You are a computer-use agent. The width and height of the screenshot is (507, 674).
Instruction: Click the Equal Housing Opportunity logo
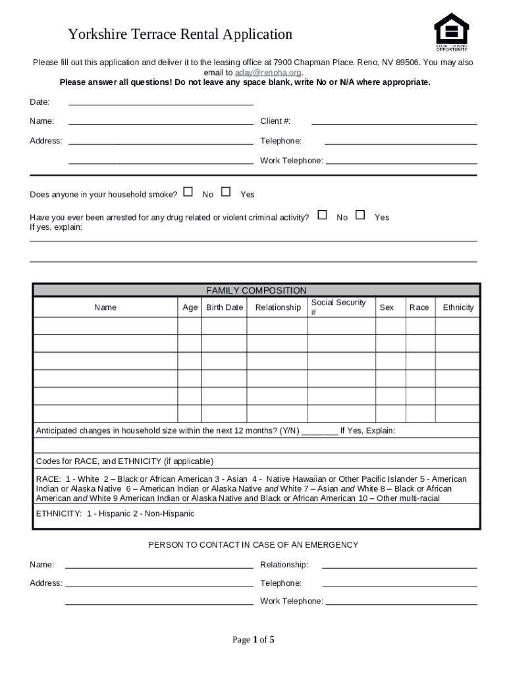[451, 32]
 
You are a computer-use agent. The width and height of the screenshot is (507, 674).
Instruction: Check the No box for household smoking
[188, 192]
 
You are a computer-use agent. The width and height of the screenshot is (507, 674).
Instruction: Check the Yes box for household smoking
[226, 192]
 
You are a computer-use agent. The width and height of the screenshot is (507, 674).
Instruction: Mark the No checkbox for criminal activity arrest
[322, 215]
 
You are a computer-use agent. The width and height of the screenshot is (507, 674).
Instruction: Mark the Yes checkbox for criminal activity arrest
[360, 215]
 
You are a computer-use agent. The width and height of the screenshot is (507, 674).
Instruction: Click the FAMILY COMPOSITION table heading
[256, 290]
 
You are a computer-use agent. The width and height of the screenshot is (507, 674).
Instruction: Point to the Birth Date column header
[225, 307]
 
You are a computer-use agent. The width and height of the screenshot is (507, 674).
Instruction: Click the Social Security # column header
[338, 307]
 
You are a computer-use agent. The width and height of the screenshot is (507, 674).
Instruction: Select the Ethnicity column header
[458, 307]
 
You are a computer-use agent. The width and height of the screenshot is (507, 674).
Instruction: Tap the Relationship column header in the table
[278, 307]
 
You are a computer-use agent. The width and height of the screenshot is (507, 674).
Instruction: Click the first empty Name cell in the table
[105, 326]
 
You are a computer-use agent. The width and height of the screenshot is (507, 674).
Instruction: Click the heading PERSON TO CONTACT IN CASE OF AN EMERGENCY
[254, 545]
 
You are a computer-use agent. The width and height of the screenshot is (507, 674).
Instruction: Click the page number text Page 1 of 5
[254, 640]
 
